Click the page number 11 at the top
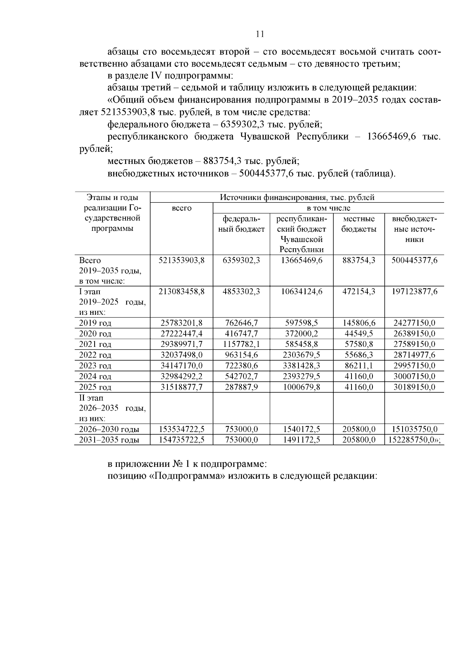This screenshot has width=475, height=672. pos(260,34)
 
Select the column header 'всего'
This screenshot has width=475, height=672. pos(182,208)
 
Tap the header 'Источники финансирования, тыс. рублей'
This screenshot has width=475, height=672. pos(297,197)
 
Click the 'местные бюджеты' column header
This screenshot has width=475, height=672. pos(359,224)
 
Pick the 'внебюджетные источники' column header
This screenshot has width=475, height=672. pos(414,229)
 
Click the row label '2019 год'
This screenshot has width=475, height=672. pos(95,323)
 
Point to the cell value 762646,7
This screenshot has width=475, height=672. pos(241,323)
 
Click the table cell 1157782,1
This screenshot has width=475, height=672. pos(241,344)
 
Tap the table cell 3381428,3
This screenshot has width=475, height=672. pos(302,366)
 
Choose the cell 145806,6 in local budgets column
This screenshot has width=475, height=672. pos(359,323)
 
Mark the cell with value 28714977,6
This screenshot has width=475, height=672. pos(414,355)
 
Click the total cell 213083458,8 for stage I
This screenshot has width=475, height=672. pos(182,291)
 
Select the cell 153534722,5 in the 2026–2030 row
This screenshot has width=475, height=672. pos(182,429)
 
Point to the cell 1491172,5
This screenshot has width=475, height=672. pos(302,440)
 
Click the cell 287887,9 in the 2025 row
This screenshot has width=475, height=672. pos(241,387)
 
